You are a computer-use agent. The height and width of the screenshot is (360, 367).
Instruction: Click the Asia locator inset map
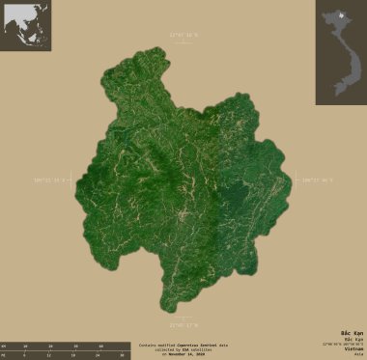pos(25,25)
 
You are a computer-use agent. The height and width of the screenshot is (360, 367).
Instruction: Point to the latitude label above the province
pos(183,35)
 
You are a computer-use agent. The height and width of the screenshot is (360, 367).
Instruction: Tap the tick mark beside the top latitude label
pos(183,42)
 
